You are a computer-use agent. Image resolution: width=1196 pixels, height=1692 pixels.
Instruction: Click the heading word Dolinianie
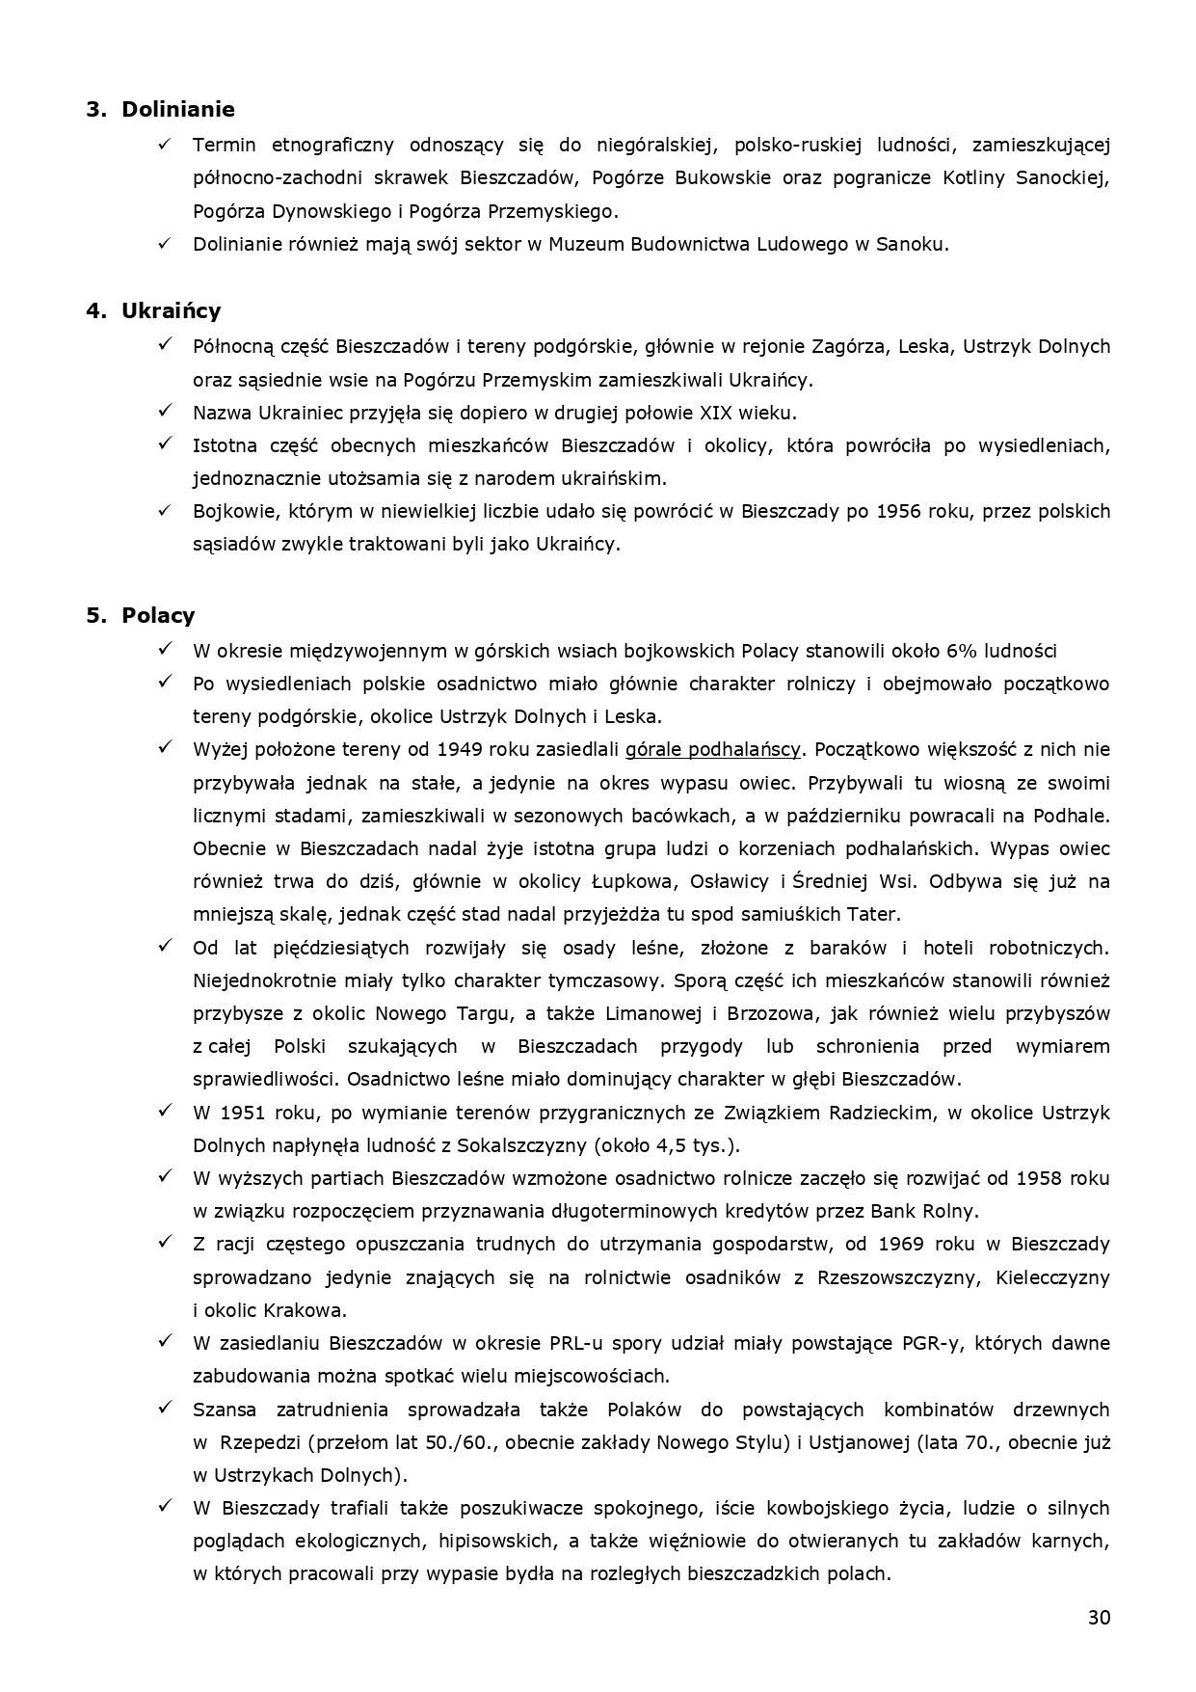[x=177, y=109]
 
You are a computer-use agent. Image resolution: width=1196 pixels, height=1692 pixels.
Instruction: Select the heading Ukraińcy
[x=171, y=310]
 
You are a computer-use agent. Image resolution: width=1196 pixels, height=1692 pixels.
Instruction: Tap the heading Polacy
[x=158, y=615]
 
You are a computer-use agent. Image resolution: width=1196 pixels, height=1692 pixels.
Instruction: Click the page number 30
[x=1099, y=1617]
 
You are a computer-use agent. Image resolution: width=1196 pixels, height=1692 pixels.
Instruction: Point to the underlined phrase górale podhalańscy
[x=713, y=749]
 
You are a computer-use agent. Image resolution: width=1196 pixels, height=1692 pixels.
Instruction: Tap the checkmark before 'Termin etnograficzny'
[x=165, y=144]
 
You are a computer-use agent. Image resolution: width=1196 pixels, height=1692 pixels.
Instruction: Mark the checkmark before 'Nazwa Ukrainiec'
[x=165, y=412]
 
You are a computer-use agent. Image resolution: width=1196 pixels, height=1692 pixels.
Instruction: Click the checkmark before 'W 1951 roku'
[x=165, y=1112]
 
